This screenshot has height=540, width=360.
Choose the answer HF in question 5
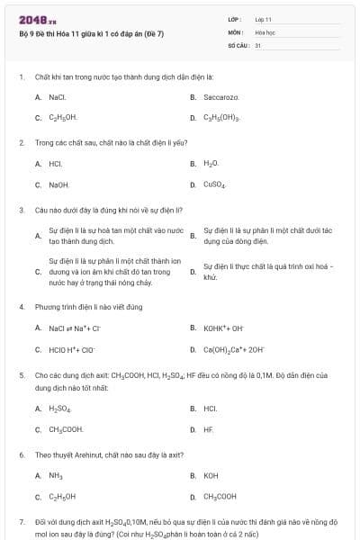(209, 429)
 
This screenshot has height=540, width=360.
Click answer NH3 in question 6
(56, 475)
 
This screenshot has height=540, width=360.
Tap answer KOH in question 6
(211, 475)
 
